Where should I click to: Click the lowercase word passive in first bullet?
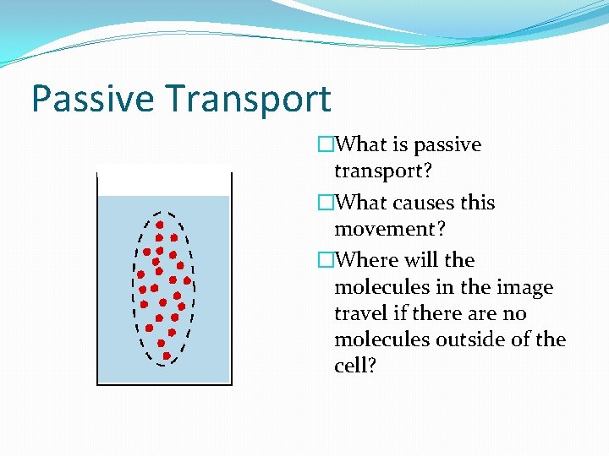click(x=447, y=145)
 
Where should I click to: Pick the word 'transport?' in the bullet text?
click(x=383, y=171)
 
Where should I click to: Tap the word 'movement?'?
click(x=390, y=230)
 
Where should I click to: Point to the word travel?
click(x=359, y=314)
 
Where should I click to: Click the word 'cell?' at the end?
click(x=355, y=366)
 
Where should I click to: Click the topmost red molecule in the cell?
click(x=160, y=225)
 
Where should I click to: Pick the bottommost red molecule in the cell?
click(x=167, y=356)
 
